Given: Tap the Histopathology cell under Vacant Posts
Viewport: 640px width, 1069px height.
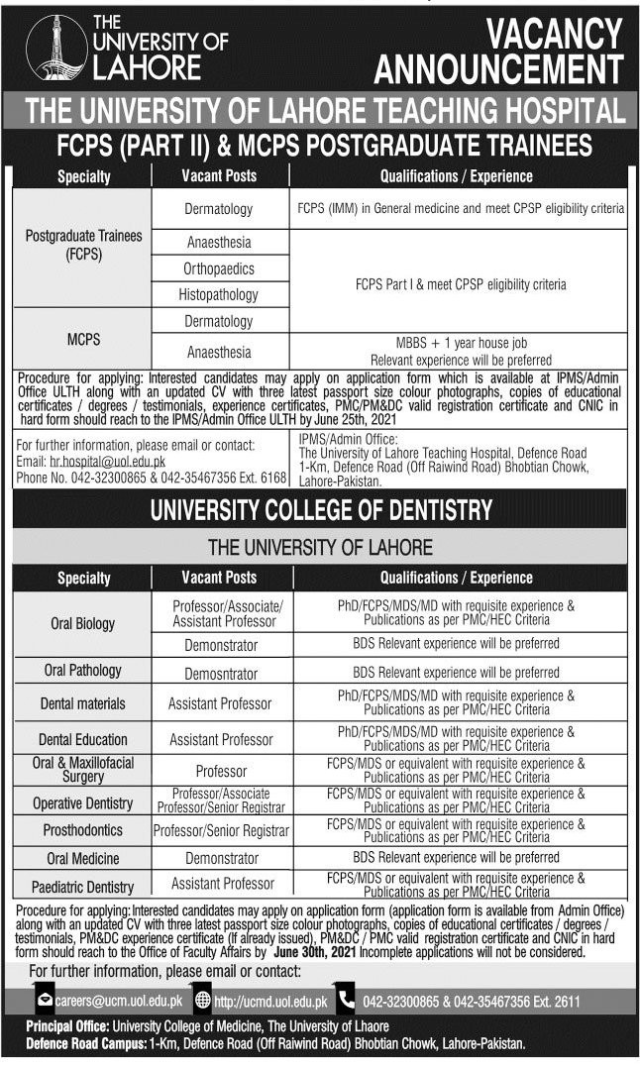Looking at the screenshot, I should [219, 294].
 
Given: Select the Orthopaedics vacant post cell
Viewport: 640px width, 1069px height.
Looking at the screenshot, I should [219, 268].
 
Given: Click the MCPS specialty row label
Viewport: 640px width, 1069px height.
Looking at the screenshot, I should [83, 338].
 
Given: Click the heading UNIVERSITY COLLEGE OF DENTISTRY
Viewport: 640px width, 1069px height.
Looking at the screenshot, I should [320, 509].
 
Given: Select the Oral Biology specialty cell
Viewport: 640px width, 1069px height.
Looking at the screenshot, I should [83, 623].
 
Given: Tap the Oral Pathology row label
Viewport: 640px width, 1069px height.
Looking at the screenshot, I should [83, 671].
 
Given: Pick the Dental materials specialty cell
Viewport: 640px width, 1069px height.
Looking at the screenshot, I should [83, 703].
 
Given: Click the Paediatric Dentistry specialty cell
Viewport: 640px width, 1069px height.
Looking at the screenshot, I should [83, 886].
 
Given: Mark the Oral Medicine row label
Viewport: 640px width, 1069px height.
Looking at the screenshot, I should [83, 858].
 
